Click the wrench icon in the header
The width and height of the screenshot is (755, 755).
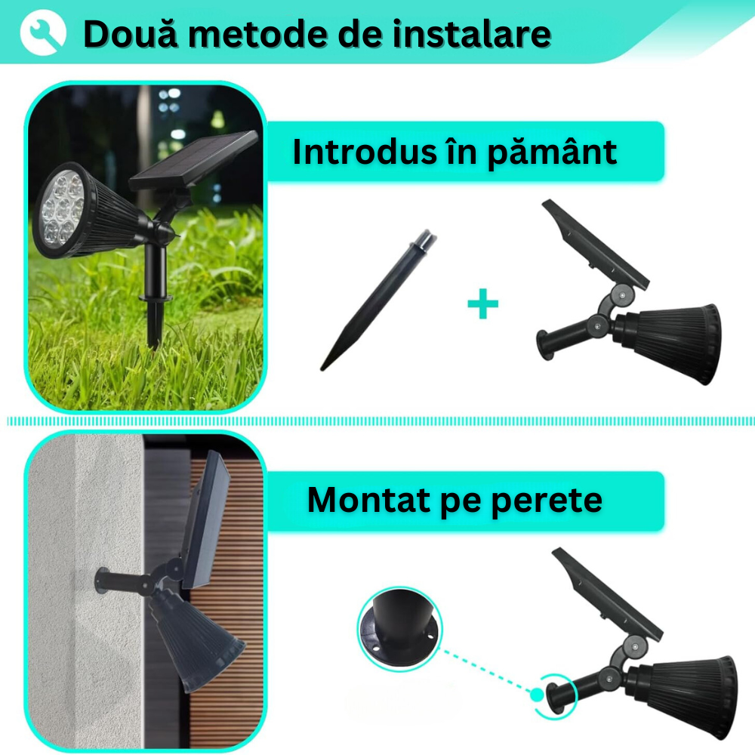tap(43, 32)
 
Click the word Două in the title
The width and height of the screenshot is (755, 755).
tap(131, 34)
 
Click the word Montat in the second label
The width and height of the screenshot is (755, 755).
tap(369, 500)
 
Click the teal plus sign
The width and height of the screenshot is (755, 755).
tap(482, 304)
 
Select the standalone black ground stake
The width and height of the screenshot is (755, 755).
tap(379, 300)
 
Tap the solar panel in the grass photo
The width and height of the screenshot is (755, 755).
tap(193, 159)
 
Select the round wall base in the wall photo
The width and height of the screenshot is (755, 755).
tap(103, 580)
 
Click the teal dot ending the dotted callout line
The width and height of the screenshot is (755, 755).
tap(536, 695)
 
